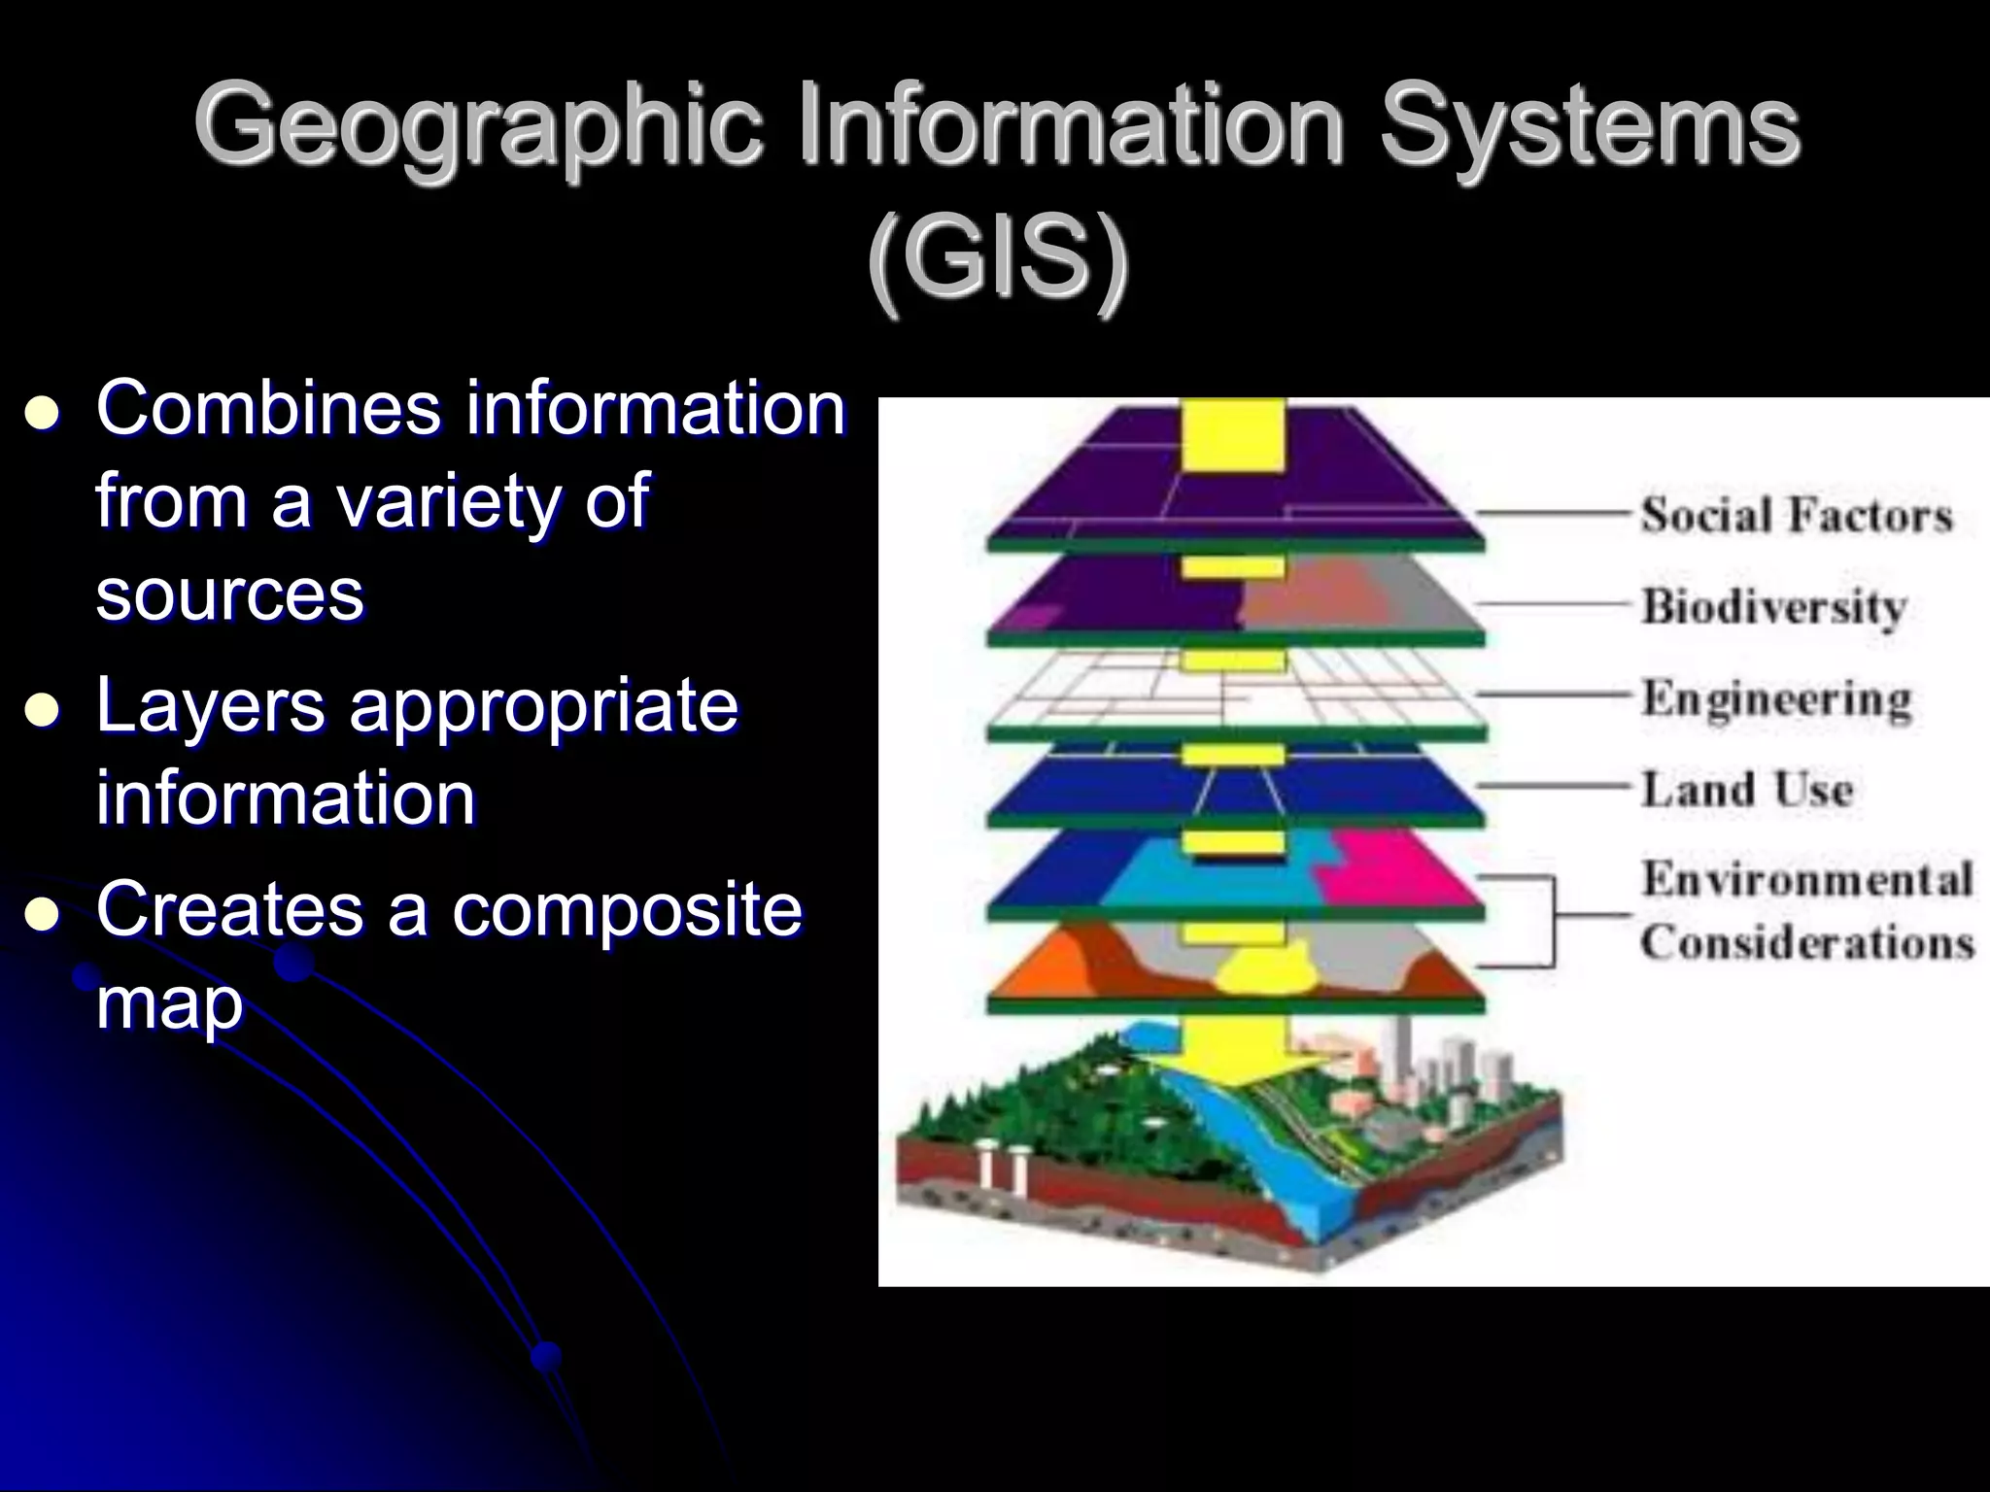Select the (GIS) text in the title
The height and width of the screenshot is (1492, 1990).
pyautogui.click(x=998, y=260)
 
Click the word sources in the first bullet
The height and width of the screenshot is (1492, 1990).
pyautogui.click(x=229, y=594)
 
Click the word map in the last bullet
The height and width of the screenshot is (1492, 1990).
pyautogui.click(x=169, y=1002)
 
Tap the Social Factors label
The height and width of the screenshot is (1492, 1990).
pyautogui.click(x=1796, y=515)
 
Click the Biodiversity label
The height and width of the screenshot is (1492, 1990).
pyautogui.click(x=1774, y=607)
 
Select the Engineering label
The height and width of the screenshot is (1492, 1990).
pyautogui.click(x=1776, y=698)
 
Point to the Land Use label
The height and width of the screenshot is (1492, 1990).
pyautogui.click(x=1747, y=789)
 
